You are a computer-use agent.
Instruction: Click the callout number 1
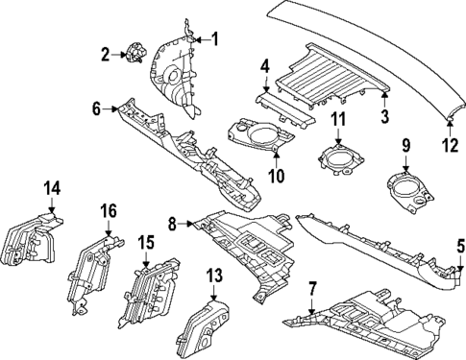coord(215,39)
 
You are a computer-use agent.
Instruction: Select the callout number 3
coord(383,118)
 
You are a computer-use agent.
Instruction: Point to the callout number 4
coord(263,66)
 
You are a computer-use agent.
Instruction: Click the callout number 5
coord(459,245)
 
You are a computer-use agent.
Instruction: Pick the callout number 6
coord(97,109)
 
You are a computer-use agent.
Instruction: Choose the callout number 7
coord(311,288)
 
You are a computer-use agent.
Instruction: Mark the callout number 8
coord(174,225)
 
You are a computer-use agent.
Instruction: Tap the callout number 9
coord(405,146)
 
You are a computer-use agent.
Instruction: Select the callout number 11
coord(337,119)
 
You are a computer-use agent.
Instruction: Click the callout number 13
coord(213,276)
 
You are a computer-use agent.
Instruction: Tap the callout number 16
coord(109,209)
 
